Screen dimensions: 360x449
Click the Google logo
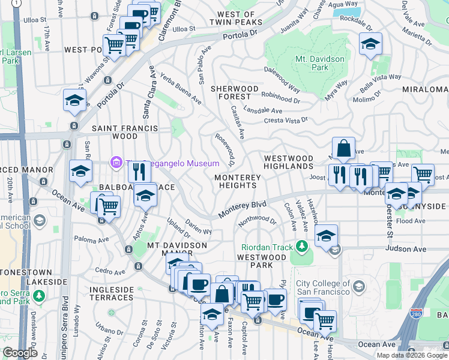(x=20, y=352)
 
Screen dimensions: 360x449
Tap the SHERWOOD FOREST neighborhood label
(x=231, y=92)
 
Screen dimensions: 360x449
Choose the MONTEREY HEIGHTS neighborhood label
(x=238, y=182)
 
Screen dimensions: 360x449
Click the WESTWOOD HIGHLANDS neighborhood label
(x=289, y=163)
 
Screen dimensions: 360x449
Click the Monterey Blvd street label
(x=242, y=209)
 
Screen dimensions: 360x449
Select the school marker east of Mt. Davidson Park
(x=370, y=44)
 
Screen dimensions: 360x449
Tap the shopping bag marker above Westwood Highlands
(x=343, y=149)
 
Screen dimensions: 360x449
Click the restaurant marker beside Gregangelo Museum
(x=139, y=172)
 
